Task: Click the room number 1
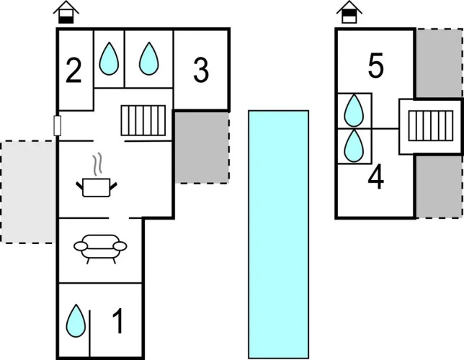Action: tap(118, 322)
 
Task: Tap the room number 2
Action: tap(73, 72)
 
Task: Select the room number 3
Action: tap(201, 71)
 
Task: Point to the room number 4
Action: tap(375, 178)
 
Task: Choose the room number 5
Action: tap(375, 66)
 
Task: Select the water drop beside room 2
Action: tap(108, 58)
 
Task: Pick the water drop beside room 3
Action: tap(148, 58)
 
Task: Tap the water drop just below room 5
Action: tap(354, 112)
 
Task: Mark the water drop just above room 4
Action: tap(354, 146)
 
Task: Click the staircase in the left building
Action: tap(145, 120)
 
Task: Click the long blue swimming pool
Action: tap(278, 234)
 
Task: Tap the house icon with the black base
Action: tap(66, 12)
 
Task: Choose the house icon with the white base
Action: tap(349, 12)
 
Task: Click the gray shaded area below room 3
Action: tap(202, 147)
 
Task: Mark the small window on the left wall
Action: tap(58, 125)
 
